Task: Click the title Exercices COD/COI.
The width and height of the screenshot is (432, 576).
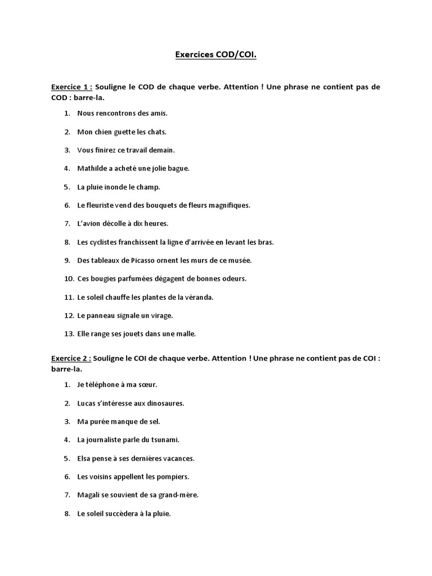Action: click(216, 55)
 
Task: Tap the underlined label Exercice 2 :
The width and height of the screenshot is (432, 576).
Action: click(71, 358)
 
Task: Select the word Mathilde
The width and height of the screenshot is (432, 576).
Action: click(91, 168)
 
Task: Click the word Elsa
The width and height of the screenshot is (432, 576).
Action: click(85, 458)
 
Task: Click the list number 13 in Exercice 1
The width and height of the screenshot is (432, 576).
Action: click(69, 334)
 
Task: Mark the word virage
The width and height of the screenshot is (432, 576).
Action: click(160, 316)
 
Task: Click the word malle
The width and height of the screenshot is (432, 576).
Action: click(186, 334)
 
